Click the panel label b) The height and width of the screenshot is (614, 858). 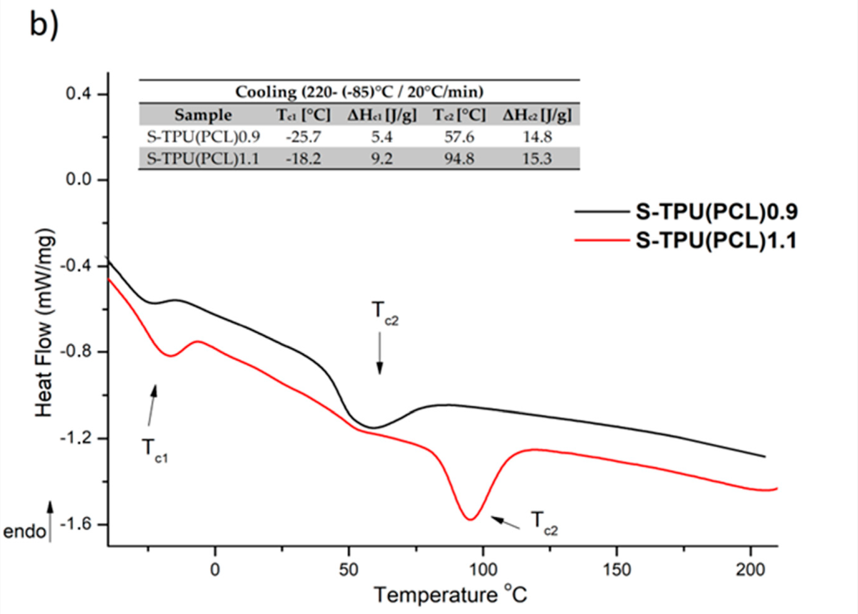(x=44, y=25)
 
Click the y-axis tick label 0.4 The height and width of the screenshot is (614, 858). (x=78, y=94)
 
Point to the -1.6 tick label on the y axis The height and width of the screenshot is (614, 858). (x=76, y=524)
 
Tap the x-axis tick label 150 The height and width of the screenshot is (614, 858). (x=616, y=569)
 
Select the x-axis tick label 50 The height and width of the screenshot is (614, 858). (x=349, y=569)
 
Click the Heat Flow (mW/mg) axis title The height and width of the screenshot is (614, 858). (x=45, y=322)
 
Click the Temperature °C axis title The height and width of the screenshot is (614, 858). (x=450, y=595)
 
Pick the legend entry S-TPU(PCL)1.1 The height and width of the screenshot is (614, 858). (x=716, y=240)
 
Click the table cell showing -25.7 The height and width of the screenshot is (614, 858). (x=303, y=137)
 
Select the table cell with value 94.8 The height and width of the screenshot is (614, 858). (x=459, y=159)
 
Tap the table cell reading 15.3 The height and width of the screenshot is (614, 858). (x=537, y=159)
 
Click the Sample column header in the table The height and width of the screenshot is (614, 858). (x=203, y=115)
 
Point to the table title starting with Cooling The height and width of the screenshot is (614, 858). (x=359, y=92)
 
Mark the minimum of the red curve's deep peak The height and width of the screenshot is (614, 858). (x=471, y=519)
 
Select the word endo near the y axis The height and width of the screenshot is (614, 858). (x=25, y=532)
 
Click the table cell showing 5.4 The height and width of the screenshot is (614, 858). (x=381, y=137)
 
